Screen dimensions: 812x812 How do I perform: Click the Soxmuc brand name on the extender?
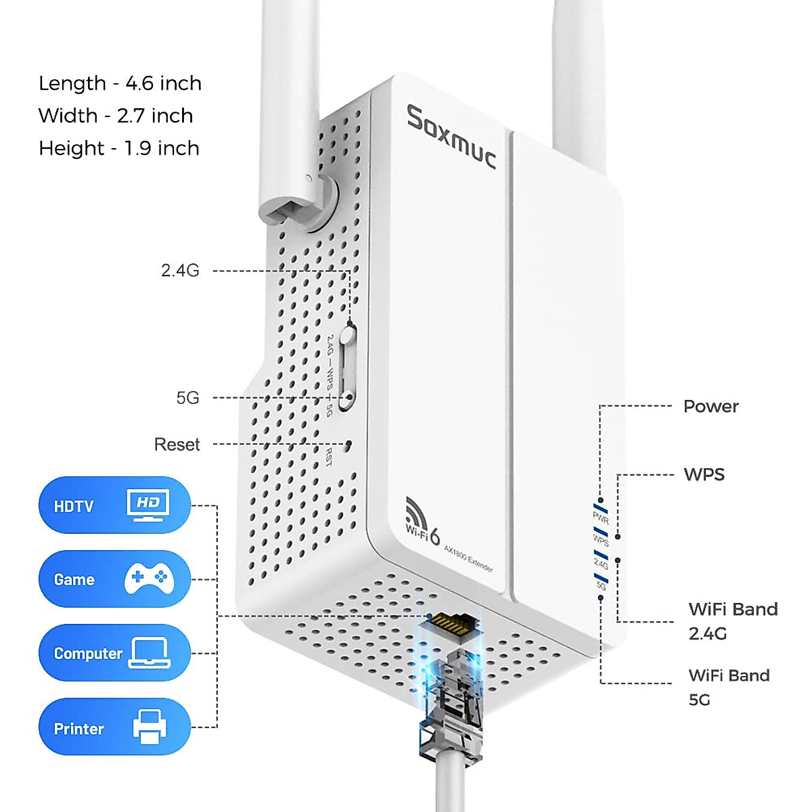(451, 137)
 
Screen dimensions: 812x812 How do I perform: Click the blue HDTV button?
(114, 505)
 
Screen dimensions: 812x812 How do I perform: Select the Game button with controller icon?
(114, 579)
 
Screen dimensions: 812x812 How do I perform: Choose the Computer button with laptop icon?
(114, 652)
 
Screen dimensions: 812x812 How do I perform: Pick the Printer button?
(114, 727)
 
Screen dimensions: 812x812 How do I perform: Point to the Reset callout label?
(177, 445)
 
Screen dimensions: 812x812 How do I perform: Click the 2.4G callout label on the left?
(180, 271)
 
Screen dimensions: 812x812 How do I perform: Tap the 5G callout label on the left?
(187, 398)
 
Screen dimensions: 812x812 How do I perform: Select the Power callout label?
(710, 407)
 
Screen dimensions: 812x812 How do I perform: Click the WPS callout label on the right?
(704, 474)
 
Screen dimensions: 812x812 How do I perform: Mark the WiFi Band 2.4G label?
(732, 621)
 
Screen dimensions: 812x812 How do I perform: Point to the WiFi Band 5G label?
(728, 687)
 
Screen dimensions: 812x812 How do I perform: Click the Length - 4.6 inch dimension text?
(120, 83)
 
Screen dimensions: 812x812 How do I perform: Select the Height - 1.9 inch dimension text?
(118, 148)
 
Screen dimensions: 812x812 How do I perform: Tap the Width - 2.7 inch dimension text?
(115, 116)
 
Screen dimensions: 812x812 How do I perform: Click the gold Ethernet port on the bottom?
(451, 623)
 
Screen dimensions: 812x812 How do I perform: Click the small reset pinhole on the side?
(348, 445)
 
